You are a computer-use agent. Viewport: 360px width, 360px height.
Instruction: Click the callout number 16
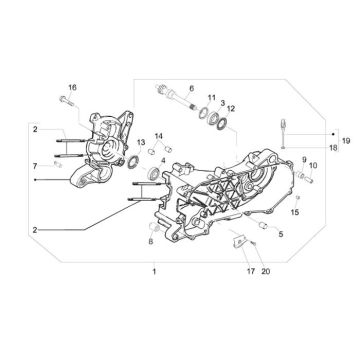[71, 88]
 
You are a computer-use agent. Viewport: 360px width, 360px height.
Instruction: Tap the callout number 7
[35, 164]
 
